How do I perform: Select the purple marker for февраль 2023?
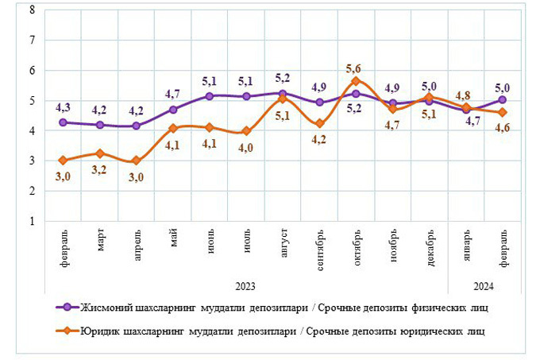click(64, 122)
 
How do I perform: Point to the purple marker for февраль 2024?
click(502, 100)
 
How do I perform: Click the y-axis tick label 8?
click(32, 10)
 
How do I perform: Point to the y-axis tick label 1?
click(32, 222)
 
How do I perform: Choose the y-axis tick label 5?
click(32, 101)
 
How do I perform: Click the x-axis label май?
click(174, 239)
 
